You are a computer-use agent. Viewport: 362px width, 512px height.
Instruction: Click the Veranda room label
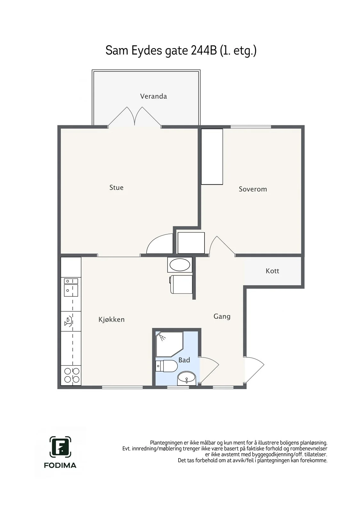pos(153,96)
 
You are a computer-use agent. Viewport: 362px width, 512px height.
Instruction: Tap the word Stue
pos(117,188)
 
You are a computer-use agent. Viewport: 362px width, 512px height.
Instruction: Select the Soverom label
pos(253,189)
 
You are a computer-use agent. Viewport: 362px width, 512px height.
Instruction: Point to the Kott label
pos(272,271)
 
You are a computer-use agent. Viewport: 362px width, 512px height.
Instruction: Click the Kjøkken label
pos(112,319)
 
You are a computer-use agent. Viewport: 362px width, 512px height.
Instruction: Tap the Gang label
pos(222,316)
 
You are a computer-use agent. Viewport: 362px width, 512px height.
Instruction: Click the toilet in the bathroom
pos(166,366)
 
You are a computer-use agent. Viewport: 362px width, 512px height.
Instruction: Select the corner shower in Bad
pos(169,344)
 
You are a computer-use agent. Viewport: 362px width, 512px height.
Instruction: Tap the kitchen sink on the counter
pos(71,287)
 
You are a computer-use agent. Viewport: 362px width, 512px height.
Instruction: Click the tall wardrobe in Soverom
pos(212,156)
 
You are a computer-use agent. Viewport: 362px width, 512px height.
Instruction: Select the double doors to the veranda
pos(134,116)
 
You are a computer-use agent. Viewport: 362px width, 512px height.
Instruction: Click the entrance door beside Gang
pos(254,369)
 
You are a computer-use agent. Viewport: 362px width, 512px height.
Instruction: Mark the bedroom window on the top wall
pos(251,127)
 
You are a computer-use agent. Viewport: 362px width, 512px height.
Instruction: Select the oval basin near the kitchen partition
pos(180,265)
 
